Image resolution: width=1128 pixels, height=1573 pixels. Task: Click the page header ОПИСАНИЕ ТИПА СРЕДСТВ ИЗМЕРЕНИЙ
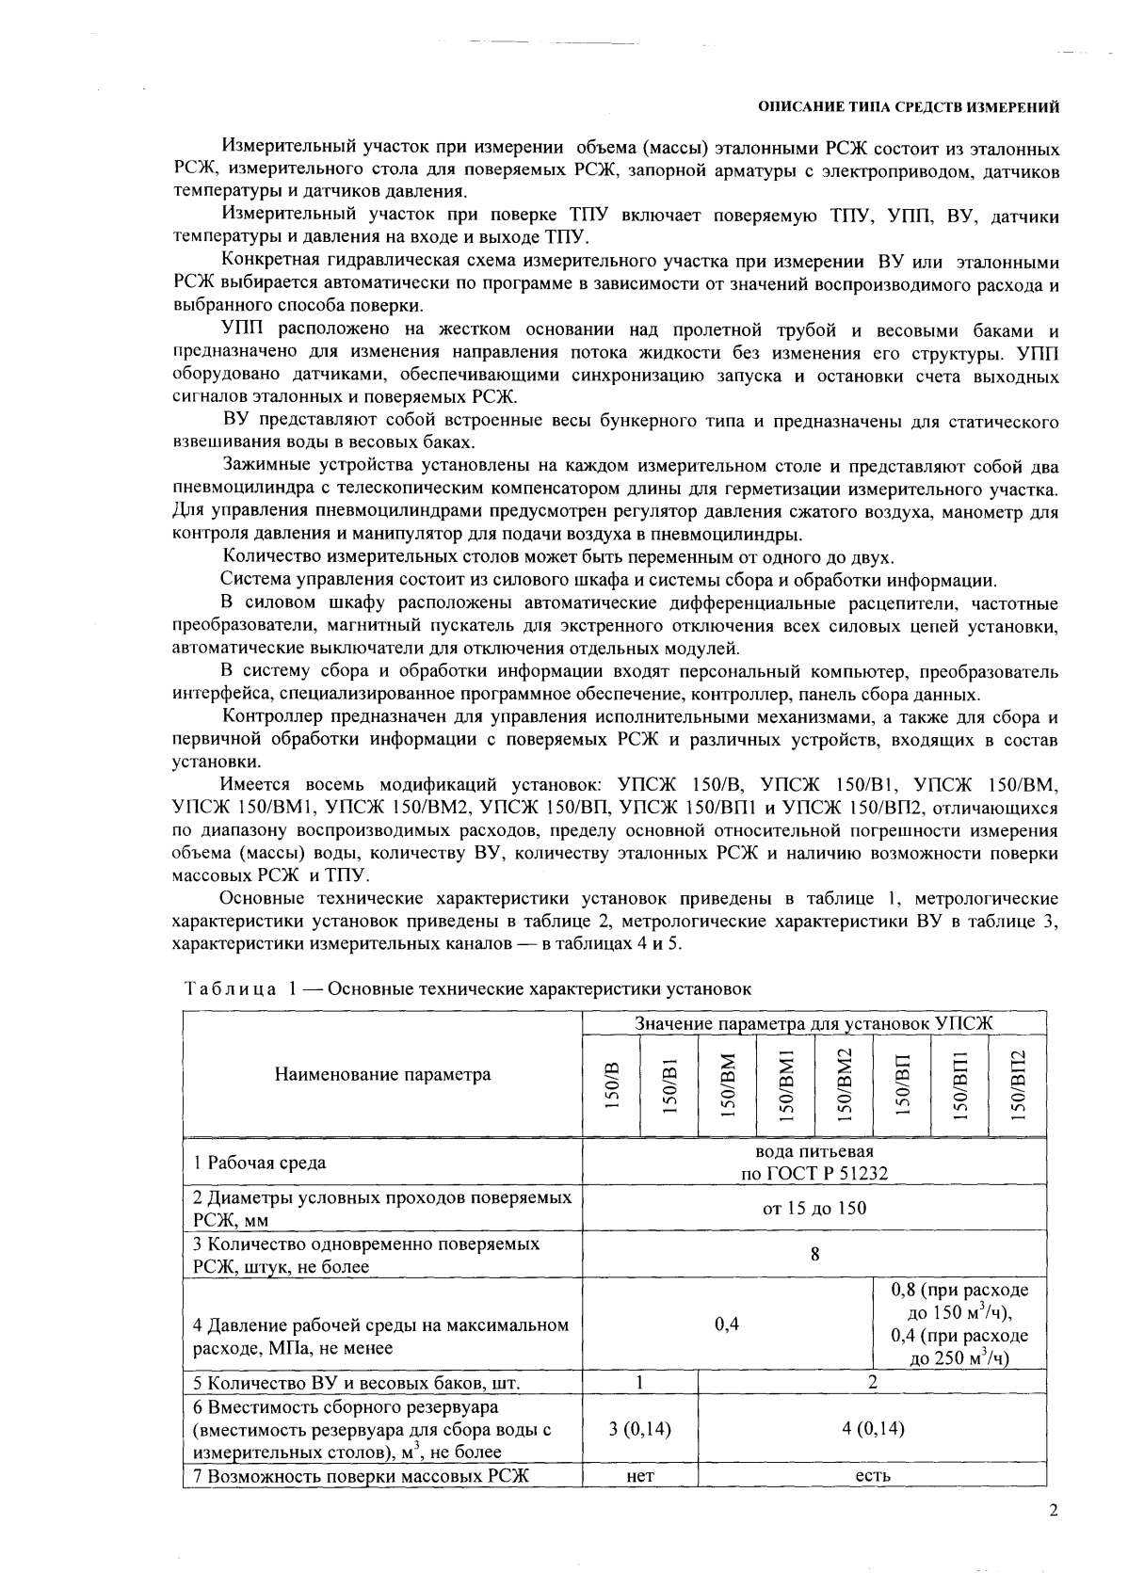point(910,107)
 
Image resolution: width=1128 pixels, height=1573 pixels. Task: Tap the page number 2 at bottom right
point(1054,1512)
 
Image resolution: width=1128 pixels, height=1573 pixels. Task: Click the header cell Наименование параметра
point(382,1074)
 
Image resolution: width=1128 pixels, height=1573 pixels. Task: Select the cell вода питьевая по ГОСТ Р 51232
point(814,1163)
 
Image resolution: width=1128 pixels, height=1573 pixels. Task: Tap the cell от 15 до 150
point(814,1208)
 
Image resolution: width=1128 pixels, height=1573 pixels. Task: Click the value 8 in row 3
point(814,1254)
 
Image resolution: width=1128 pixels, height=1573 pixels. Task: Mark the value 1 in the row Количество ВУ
point(639,1382)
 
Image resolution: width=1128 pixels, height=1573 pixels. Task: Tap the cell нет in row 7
point(639,1476)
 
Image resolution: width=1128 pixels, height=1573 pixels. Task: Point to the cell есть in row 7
point(872,1476)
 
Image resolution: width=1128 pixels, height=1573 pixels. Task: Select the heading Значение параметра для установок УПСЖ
point(814,1023)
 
